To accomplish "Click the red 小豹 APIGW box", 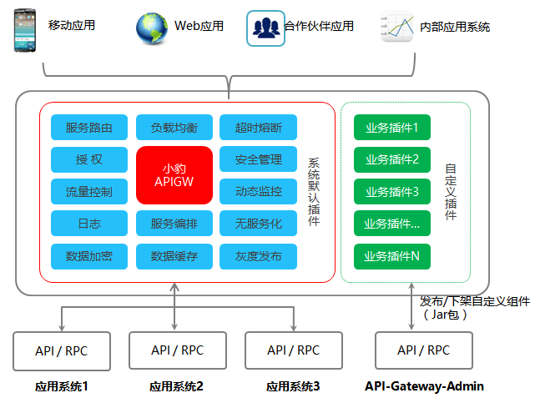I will tap(174, 175).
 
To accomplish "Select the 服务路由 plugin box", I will tap(89, 128).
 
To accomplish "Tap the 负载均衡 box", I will tap(174, 128).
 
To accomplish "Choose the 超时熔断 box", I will tap(259, 128).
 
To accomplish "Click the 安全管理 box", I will tap(259, 159).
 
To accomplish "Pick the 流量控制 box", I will tap(89, 191).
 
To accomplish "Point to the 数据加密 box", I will tap(89, 256).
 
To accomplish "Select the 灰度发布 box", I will tap(259, 256).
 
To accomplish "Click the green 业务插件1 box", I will tap(392, 128).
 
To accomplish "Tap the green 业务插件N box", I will tap(392, 256).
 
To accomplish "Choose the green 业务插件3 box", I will tap(392, 191).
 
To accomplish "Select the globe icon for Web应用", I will tap(152, 28).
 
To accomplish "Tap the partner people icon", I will tap(266, 28).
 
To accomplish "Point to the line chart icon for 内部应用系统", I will tap(399, 27).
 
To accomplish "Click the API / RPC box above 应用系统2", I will tap(176, 350).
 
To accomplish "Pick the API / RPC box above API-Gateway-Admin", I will tap(423, 350).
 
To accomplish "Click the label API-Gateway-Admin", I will tap(424, 386).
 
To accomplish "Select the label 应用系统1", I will tap(61, 387).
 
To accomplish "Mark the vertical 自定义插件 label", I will tap(451, 191).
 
